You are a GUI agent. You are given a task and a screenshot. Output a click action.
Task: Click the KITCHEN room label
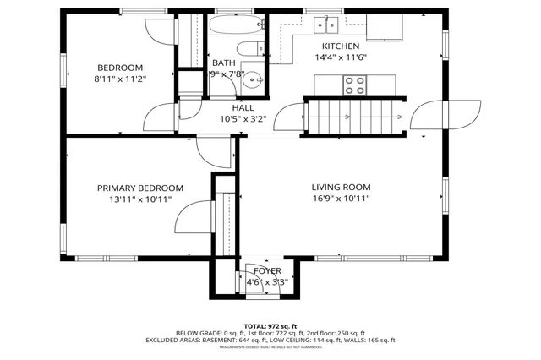(x=341, y=46)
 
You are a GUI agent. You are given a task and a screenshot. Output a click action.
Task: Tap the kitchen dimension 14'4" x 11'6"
(x=341, y=58)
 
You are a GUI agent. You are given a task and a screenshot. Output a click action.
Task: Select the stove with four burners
(x=355, y=85)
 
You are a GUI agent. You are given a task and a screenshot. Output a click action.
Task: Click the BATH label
(x=224, y=63)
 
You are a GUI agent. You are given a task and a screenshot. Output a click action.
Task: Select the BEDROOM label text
(x=119, y=68)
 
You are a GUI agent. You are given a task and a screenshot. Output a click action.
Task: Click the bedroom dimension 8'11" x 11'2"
(x=119, y=79)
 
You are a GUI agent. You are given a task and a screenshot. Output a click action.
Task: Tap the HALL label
(x=243, y=108)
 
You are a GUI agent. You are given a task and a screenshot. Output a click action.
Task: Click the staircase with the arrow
(x=354, y=115)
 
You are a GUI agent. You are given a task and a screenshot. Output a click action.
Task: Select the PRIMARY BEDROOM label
(x=139, y=188)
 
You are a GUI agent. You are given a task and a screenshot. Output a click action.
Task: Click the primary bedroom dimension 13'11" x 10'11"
(x=139, y=199)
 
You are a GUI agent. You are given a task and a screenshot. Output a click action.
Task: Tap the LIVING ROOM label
(x=341, y=188)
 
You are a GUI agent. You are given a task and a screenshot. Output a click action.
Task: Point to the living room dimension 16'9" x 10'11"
(x=341, y=199)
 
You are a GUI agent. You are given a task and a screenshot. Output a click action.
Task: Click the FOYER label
(x=267, y=270)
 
